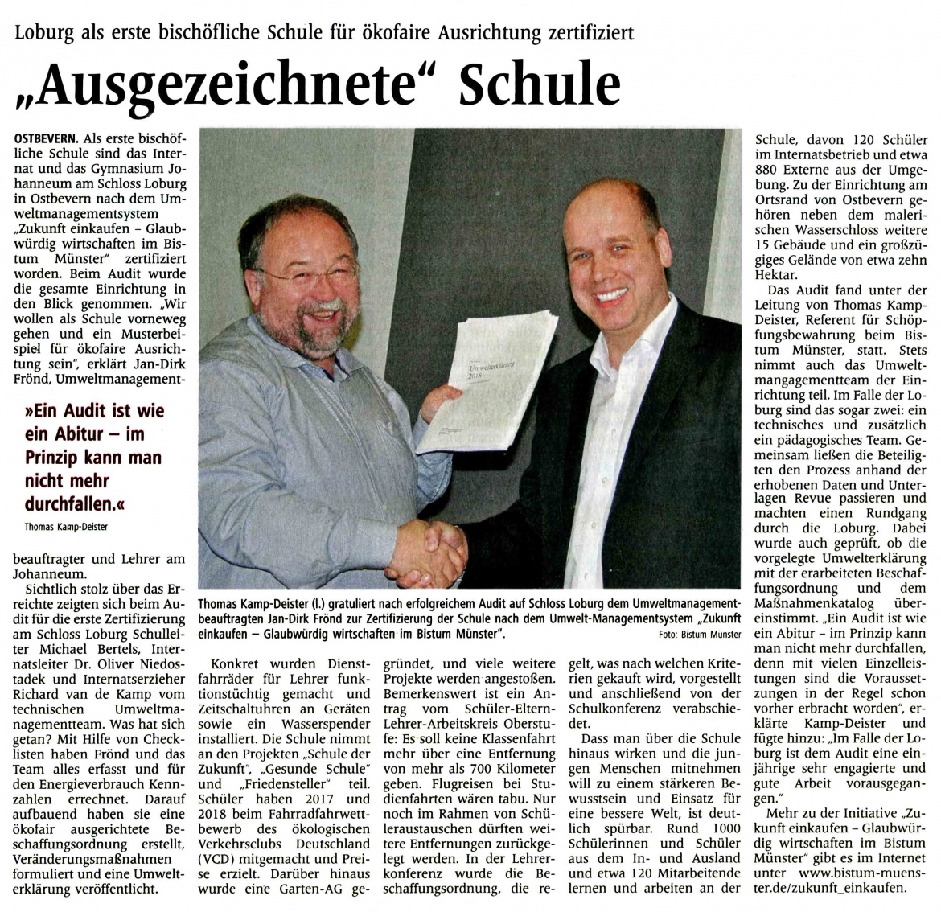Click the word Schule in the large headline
pyautogui.click(x=539, y=84)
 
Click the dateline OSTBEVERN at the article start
pyautogui.click(x=47, y=139)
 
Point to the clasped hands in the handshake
pyautogui.click(x=435, y=550)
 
